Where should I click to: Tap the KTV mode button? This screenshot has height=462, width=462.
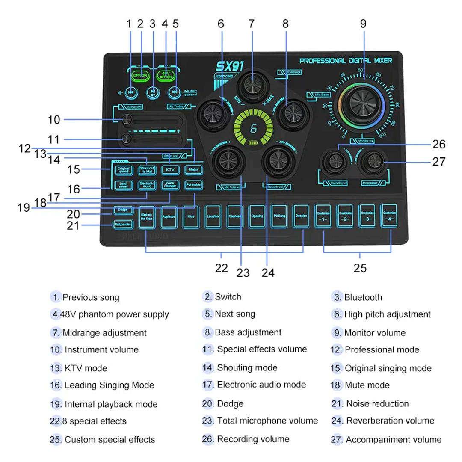tap(169, 170)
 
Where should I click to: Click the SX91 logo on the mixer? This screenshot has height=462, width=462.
tap(229, 66)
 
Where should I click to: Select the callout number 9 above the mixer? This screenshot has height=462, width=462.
tap(363, 24)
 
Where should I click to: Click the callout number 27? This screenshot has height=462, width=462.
tap(439, 162)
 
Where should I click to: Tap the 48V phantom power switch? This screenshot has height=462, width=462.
tap(165, 75)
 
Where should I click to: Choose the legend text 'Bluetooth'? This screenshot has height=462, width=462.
tap(363, 297)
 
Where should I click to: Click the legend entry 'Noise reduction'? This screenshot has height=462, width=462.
tap(377, 403)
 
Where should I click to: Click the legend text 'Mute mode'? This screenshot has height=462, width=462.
tap(367, 385)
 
